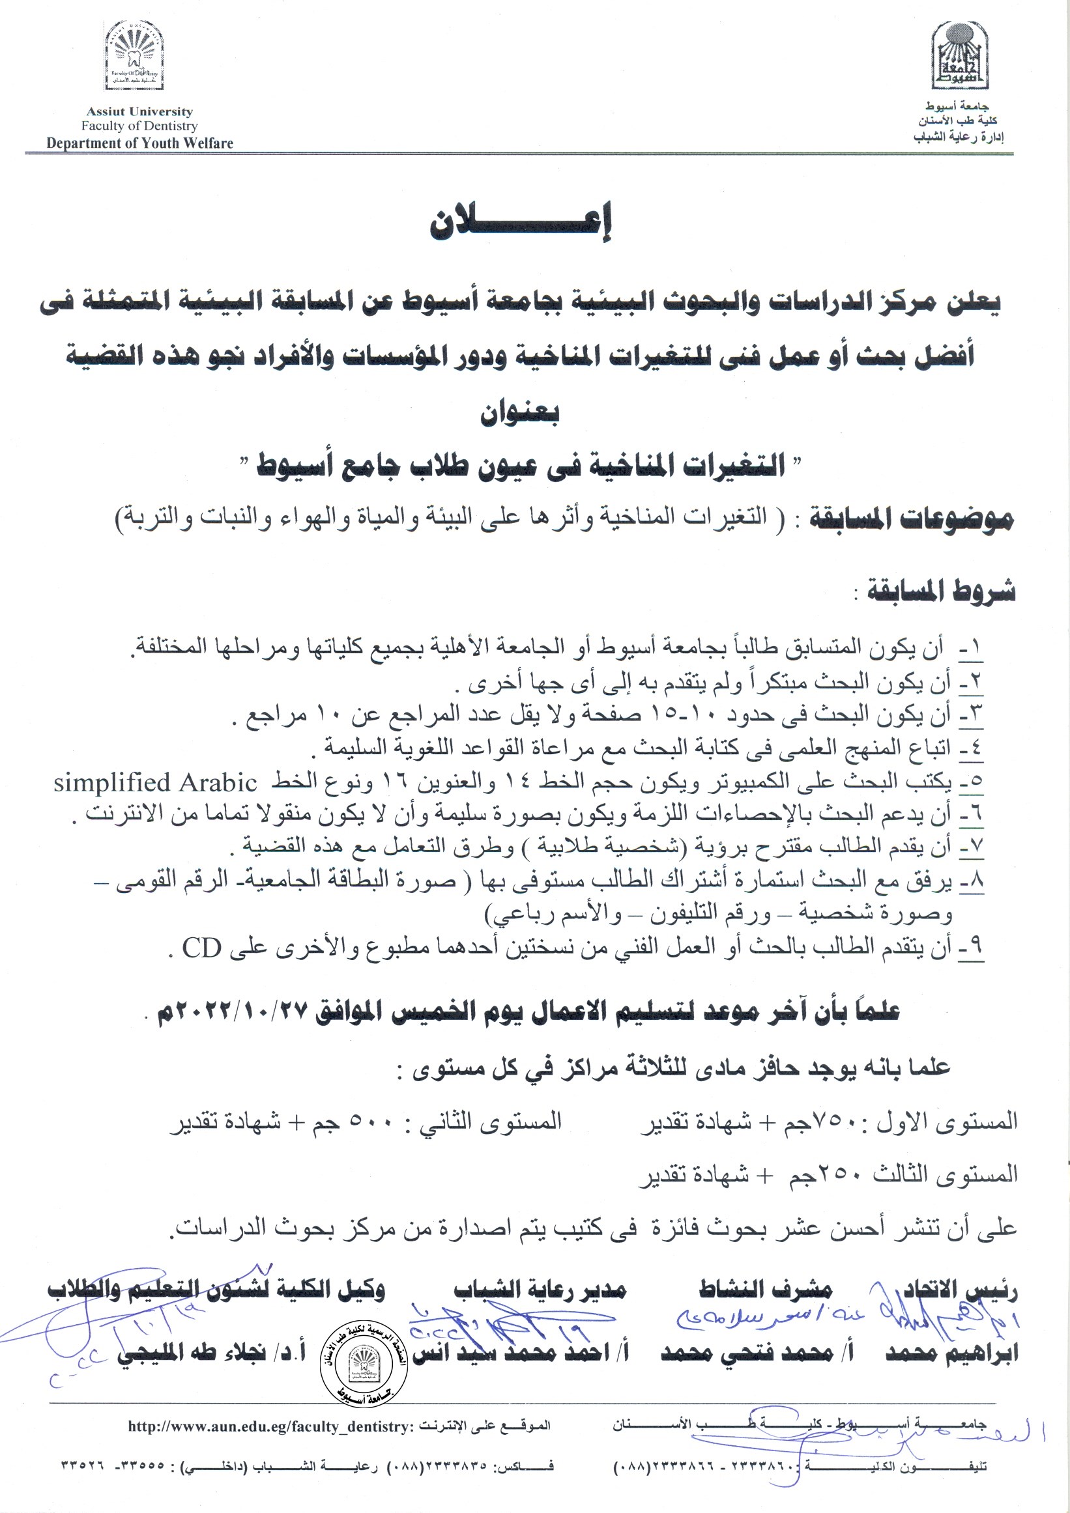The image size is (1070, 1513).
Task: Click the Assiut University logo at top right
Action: [959, 55]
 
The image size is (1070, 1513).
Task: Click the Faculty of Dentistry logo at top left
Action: [134, 55]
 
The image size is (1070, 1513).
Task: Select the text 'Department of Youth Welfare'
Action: [139, 143]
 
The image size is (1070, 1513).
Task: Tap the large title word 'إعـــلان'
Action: [520, 223]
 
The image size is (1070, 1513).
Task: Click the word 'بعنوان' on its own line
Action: [519, 413]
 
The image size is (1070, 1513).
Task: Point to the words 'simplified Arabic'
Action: [155, 783]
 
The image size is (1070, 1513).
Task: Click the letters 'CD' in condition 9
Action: [201, 948]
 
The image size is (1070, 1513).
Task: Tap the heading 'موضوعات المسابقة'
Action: [910, 520]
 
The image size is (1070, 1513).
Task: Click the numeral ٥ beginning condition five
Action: [971, 782]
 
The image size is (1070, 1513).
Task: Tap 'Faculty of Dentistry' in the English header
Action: [139, 126]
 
